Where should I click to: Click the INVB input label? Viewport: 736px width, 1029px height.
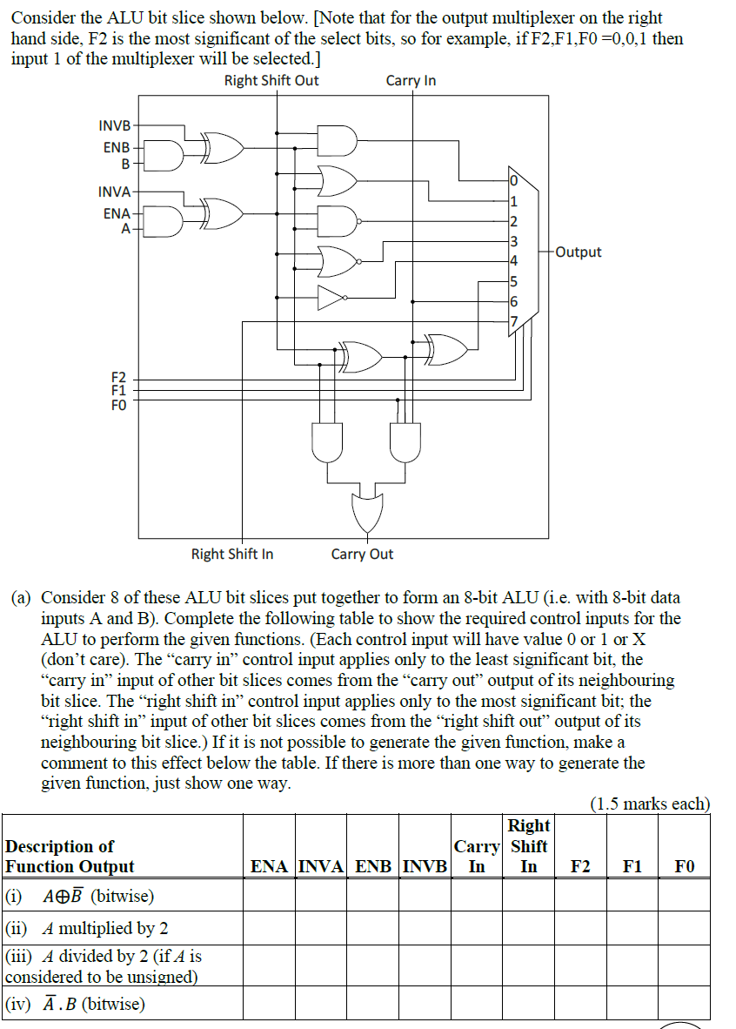pyautogui.click(x=114, y=126)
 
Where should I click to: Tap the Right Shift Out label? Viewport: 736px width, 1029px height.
pyautogui.click(x=271, y=81)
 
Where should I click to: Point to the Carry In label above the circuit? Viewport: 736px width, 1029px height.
pyautogui.click(x=411, y=81)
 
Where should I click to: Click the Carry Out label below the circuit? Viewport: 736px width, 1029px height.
pyautogui.click(x=362, y=555)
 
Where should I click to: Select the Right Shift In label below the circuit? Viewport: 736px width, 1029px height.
pyautogui.click(x=232, y=555)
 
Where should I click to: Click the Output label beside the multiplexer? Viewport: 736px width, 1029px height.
pyautogui.click(x=578, y=252)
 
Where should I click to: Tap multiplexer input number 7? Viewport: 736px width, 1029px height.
pyautogui.click(x=513, y=320)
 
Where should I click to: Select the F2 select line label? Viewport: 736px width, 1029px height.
pyautogui.click(x=118, y=377)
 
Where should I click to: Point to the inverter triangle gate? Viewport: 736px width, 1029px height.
pyautogui.click(x=331, y=298)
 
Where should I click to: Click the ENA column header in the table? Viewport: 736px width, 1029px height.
pyautogui.click(x=270, y=866)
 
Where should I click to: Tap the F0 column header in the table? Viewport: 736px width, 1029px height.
pyautogui.click(x=685, y=866)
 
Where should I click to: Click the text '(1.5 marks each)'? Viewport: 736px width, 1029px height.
pyautogui.click(x=650, y=804)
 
